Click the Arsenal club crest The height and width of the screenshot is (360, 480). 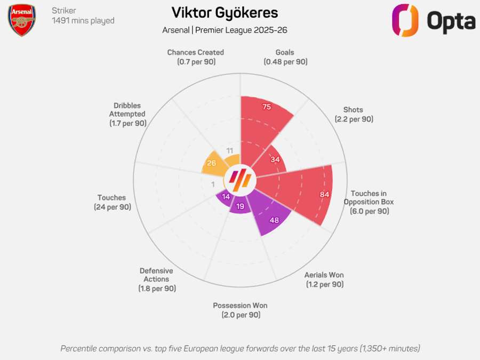22,20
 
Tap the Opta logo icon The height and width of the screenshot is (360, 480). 406,20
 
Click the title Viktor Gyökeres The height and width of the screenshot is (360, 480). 225,13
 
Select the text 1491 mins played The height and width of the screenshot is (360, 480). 83,21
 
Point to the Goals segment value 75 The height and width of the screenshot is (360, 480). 267,107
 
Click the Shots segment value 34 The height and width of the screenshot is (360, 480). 275,159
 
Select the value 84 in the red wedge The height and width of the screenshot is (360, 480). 324,194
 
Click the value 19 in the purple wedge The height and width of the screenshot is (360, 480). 240,206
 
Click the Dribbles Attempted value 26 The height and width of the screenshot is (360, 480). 211,163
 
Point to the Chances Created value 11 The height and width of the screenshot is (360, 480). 230,150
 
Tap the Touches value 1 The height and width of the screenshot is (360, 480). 213,184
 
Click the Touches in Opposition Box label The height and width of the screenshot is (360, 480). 369,202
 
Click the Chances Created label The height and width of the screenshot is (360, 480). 195,57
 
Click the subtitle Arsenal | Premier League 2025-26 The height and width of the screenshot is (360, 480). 225,30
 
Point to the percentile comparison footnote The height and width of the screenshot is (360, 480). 240,348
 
